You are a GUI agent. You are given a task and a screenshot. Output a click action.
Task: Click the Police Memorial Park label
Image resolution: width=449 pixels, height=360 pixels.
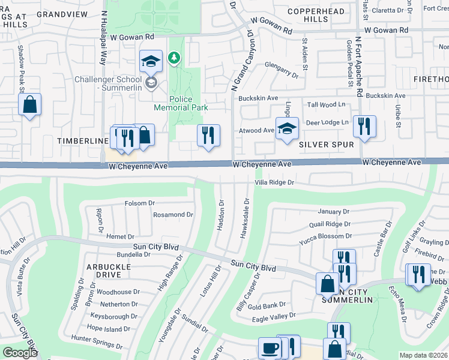[x=181, y=103]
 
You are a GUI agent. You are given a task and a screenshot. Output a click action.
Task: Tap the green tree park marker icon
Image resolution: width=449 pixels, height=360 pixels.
[x=174, y=58]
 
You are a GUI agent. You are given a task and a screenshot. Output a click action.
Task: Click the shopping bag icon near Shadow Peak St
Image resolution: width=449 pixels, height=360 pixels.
[x=29, y=105]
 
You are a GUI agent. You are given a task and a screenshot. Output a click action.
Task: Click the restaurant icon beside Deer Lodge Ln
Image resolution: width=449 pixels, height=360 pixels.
[x=364, y=126]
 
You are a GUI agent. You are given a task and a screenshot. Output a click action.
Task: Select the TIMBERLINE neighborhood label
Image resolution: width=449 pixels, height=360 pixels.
[x=82, y=140]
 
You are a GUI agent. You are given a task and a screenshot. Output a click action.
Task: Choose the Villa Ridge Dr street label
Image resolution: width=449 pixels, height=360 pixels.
[x=274, y=182]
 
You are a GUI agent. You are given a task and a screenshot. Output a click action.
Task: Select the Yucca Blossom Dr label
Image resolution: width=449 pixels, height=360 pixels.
[x=325, y=236]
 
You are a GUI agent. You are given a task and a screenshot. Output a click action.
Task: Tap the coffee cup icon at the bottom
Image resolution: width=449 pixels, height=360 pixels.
[x=270, y=347]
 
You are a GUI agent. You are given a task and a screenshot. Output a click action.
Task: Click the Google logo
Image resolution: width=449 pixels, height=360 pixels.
[x=20, y=353]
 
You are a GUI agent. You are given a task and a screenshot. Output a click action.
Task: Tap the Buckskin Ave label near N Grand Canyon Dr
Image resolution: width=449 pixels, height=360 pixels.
[x=258, y=98]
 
